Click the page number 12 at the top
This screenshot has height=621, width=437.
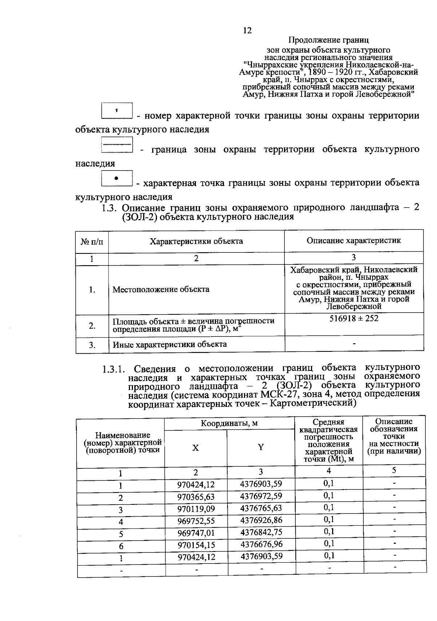[x=247, y=31]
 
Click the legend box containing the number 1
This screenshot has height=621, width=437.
[x=117, y=111]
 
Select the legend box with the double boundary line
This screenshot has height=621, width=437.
[x=117, y=145]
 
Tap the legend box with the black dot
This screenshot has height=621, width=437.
[x=117, y=178]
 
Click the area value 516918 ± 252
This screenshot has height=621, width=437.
[x=354, y=319]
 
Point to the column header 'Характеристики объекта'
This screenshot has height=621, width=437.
[x=196, y=241]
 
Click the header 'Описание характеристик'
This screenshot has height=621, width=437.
[x=354, y=240]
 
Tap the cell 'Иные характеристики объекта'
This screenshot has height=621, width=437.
[x=170, y=345]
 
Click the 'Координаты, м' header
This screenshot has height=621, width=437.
[x=229, y=423]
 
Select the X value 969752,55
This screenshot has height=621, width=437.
[x=196, y=521]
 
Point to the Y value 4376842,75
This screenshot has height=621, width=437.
[x=261, y=532]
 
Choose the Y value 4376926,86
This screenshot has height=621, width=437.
[x=261, y=520]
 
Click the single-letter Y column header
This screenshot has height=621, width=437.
[x=261, y=448]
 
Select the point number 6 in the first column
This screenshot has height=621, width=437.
[x=121, y=546]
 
